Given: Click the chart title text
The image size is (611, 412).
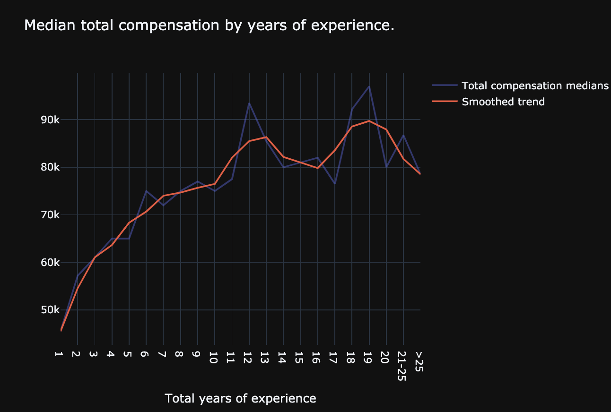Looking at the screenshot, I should pos(209,26).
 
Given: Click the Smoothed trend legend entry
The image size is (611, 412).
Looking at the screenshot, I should pos(503,102).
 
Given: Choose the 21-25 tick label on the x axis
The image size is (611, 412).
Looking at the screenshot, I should pos(403,367).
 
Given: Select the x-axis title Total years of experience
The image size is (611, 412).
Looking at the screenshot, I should pos(240,398).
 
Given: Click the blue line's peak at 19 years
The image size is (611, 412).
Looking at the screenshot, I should pos(369,86).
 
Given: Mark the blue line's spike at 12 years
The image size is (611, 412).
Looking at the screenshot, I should pos(249,103).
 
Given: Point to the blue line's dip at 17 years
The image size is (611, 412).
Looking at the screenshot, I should pos(335,184).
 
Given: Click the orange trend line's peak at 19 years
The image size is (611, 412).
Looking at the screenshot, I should pos(369,121).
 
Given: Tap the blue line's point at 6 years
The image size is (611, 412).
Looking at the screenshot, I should pos(146,191).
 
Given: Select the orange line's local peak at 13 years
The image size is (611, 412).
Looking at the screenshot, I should pos(266,137).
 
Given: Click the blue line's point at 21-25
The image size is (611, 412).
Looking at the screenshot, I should pos(403,135).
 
